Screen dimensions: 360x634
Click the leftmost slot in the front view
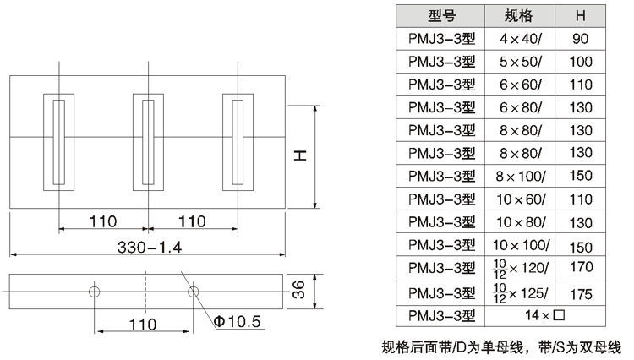pyautogui.click(x=58, y=142)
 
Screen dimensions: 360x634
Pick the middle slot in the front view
pyautogui.click(x=148, y=142)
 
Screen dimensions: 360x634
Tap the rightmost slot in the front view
pyautogui.click(x=238, y=142)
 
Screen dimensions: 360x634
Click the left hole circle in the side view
pyautogui.click(x=94, y=292)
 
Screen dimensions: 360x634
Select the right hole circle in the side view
pyautogui.click(x=194, y=292)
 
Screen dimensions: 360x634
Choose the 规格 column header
pyautogui.click(x=519, y=15)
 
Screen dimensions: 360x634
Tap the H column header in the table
pyautogui.click(x=581, y=15)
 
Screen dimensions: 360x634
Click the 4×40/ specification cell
pyautogui.click(x=519, y=38)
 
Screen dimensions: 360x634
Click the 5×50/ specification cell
pyautogui.click(x=519, y=61)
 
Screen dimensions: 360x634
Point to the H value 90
pyautogui.click(x=581, y=38)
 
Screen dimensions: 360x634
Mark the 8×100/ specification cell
pyautogui.click(x=519, y=176)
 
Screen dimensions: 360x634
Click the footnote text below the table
pyautogui.click(x=500, y=346)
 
